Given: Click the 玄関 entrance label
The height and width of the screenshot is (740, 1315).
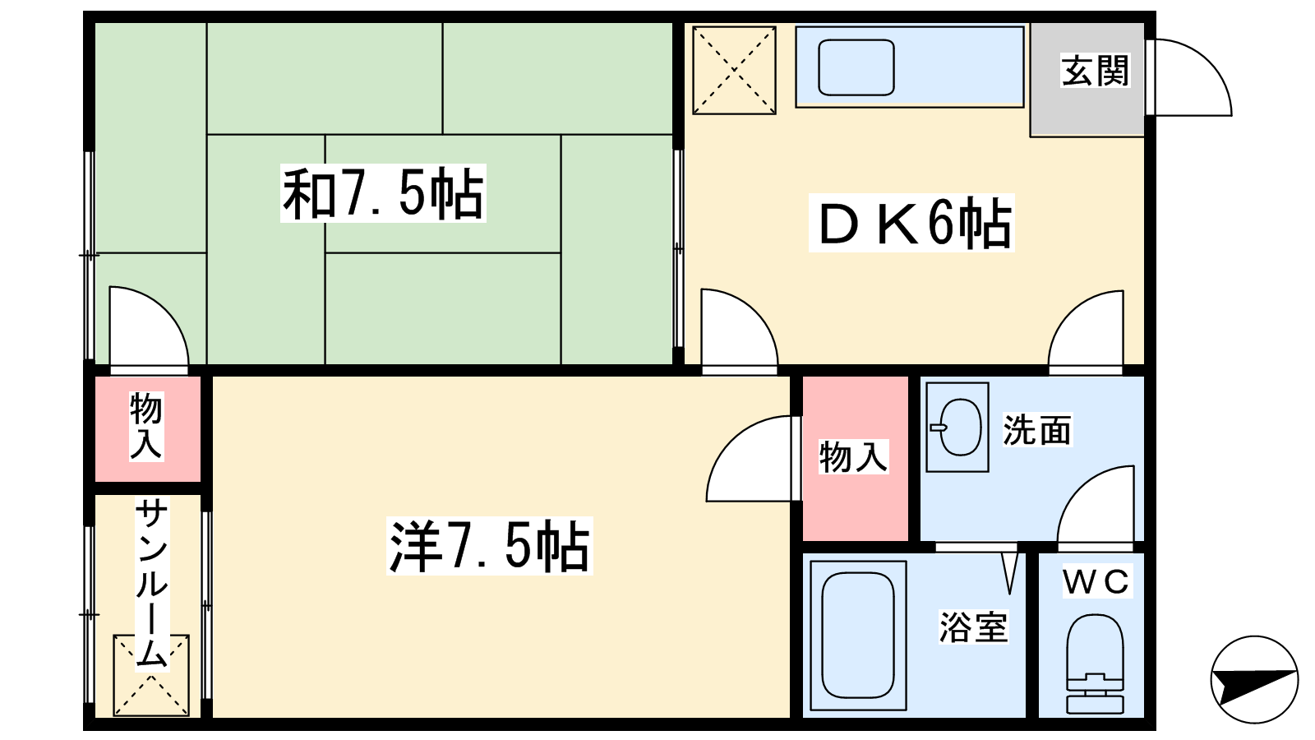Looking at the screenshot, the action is pyautogui.click(x=1096, y=71).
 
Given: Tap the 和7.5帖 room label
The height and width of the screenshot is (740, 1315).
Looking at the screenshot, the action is pyautogui.click(x=383, y=193).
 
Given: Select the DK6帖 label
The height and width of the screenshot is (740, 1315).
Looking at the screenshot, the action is pyautogui.click(x=911, y=223).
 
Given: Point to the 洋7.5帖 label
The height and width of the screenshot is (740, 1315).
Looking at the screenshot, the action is pyautogui.click(x=490, y=546).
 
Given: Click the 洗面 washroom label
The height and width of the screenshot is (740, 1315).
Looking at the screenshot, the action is pyautogui.click(x=1037, y=430).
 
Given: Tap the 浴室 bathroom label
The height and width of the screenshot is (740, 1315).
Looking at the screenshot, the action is pyautogui.click(x=974, y=627).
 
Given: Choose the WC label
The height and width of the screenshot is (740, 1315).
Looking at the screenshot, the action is pyautogui.click(x=1096, y=581).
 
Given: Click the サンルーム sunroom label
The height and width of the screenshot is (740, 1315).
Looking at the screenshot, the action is pyautogui.click(x=152, y=584).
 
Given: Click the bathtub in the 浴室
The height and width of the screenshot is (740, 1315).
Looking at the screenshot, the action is pyautogui.click(x=858, y=635).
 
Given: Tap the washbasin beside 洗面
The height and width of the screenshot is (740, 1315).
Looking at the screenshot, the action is pyautogui.click(x=957, y=427).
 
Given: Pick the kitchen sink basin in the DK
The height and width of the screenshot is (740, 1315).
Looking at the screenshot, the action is pyautogui.click(x=856, y=67).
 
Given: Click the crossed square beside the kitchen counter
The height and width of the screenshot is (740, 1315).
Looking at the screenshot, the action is pyautogui.click(x=735, y=70).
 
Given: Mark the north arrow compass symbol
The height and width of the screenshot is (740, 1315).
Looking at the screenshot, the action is pyautogui.click(x=1254, y=679).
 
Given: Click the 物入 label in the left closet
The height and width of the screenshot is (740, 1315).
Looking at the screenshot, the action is pyautogui.click(x=146, y=426).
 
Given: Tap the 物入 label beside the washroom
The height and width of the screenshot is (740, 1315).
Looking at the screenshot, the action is pyautogui.click(x=854, y=457).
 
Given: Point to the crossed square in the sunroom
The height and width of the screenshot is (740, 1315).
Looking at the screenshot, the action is pyautogui.click(x=151, y=675).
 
